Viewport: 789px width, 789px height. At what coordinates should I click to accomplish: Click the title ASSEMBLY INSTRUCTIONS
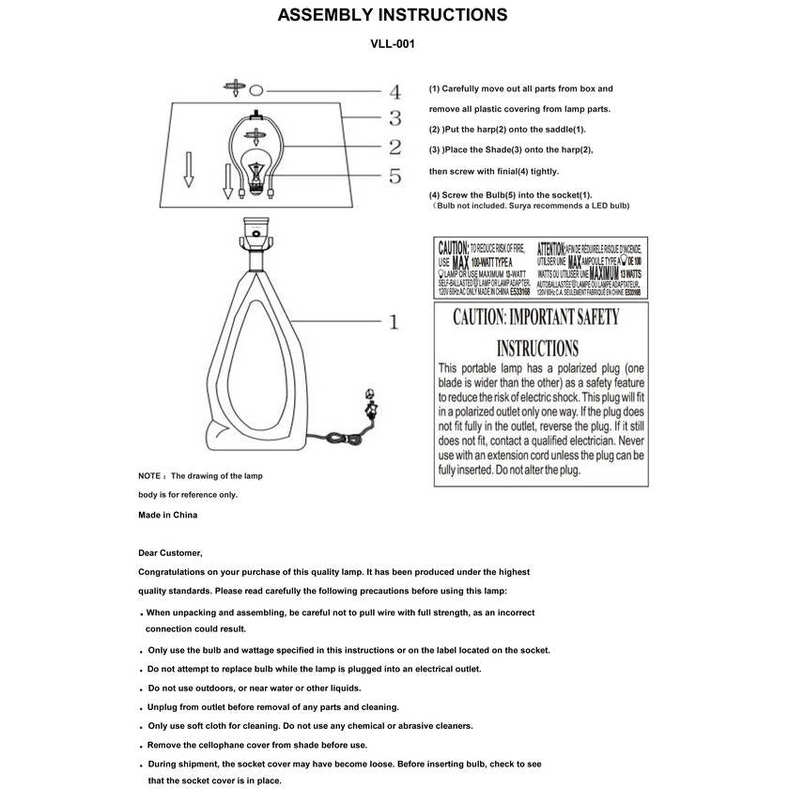pos(393,15)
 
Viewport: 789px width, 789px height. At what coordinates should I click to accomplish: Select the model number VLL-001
pos(393,43)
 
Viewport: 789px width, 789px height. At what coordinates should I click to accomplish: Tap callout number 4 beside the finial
pos(394,92)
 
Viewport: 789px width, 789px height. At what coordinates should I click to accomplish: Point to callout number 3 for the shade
pos(394,118)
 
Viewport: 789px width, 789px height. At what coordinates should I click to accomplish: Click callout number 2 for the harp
pos(394,147)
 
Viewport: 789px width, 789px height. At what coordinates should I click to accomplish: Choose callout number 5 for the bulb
pos(394,176)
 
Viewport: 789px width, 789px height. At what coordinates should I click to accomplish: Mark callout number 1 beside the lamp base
pos(394,322)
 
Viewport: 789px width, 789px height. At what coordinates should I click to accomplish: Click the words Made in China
pos(167,515)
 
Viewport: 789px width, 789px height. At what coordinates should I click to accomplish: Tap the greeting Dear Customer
pos(170,552)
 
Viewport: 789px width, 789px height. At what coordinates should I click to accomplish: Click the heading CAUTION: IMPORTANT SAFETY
pos(535,317)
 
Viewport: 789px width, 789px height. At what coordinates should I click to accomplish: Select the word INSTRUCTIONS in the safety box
pos(536,348)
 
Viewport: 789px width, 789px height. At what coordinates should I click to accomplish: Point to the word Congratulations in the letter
pos(178,572)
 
